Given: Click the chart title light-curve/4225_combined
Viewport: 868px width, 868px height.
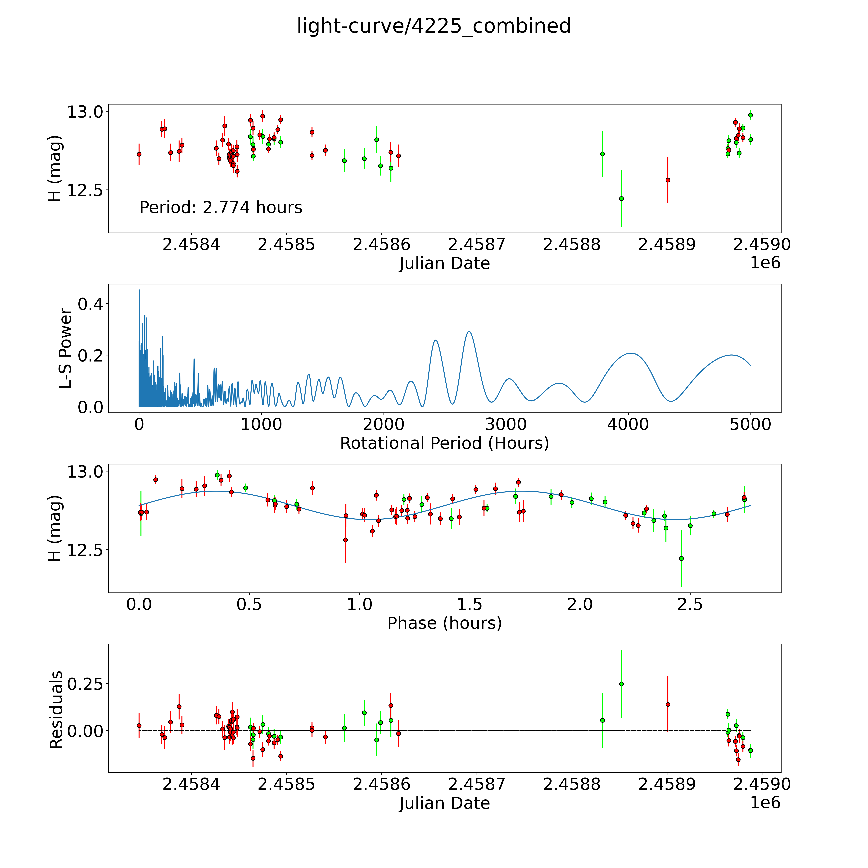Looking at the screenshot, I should (434, 26).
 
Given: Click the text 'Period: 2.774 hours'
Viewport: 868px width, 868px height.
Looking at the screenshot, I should (221, 208).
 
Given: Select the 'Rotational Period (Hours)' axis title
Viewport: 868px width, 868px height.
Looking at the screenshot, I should (444, 443).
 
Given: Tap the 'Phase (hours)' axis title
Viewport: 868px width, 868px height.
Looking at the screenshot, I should (444, 623).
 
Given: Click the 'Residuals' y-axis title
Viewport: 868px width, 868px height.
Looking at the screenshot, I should (56, 710).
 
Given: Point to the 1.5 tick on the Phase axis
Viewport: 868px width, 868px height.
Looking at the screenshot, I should (470, 604).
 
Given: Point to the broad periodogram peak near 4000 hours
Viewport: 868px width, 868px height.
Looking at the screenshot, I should (631, 353).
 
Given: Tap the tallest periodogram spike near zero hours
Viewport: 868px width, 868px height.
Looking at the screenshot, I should (139, 290).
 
